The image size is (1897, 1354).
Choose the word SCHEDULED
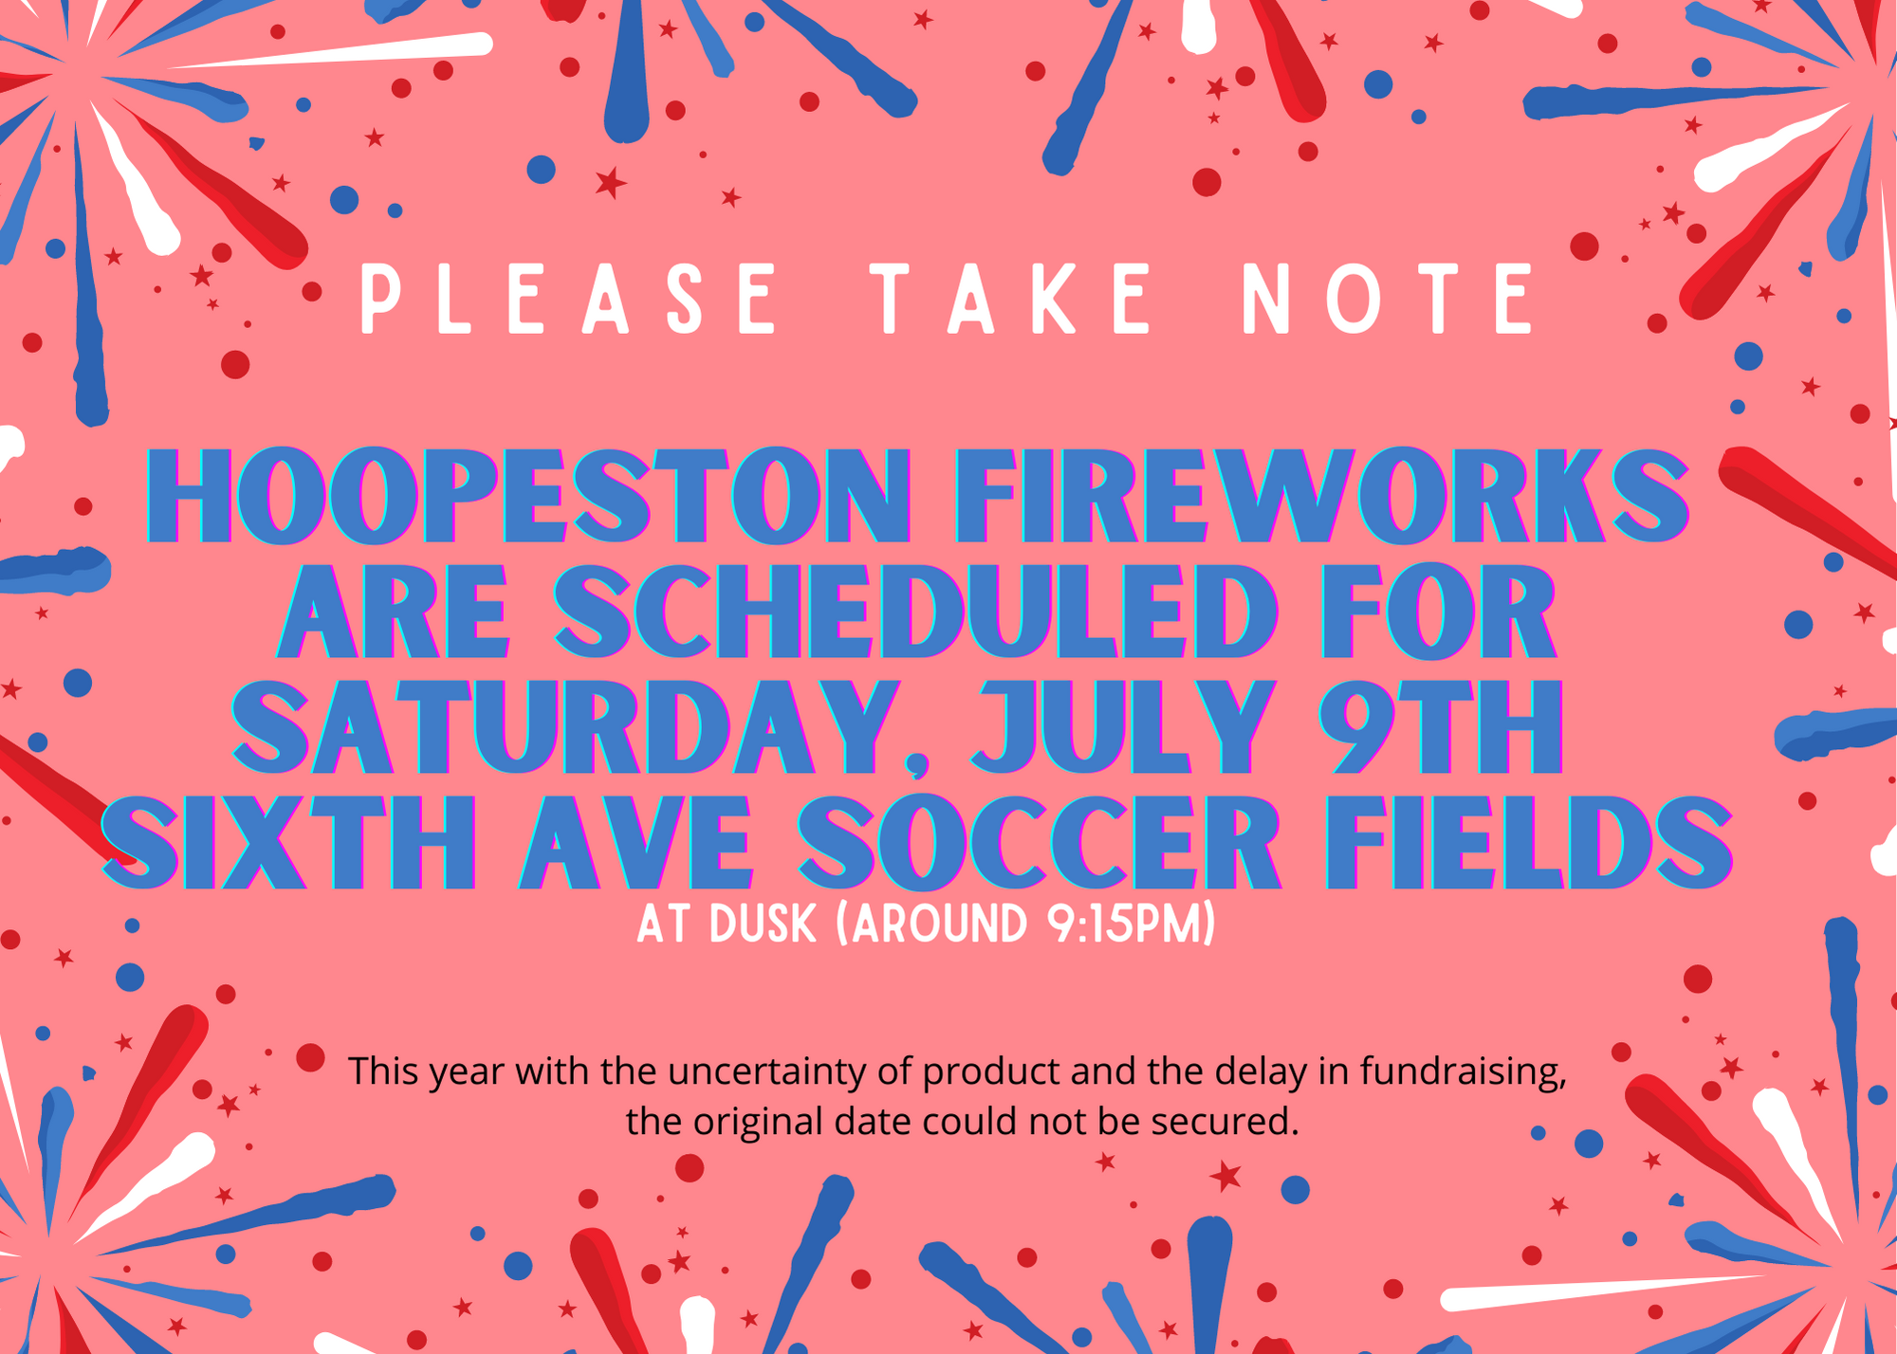(x=916, y=612)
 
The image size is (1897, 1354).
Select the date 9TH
(x=1442, y=727)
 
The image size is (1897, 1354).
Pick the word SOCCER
(x=1040, y=843)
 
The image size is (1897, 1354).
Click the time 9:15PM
(x=1124, y=924)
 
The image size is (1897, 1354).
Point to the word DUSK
(x=763, y=924)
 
